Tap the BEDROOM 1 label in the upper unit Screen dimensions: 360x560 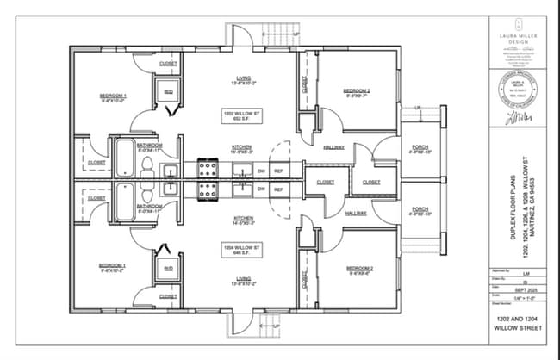112,96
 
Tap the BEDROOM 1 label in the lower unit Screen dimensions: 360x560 112,267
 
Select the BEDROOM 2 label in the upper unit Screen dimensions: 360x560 357,92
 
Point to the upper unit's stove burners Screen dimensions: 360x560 208,166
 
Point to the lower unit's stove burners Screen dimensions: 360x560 208,189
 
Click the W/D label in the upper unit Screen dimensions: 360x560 168,90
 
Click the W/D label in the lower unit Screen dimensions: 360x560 168,269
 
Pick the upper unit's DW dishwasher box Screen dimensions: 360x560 261,171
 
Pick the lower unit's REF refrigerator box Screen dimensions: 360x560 278,186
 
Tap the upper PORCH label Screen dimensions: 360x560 420,149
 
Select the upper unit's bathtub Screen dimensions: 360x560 122,155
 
